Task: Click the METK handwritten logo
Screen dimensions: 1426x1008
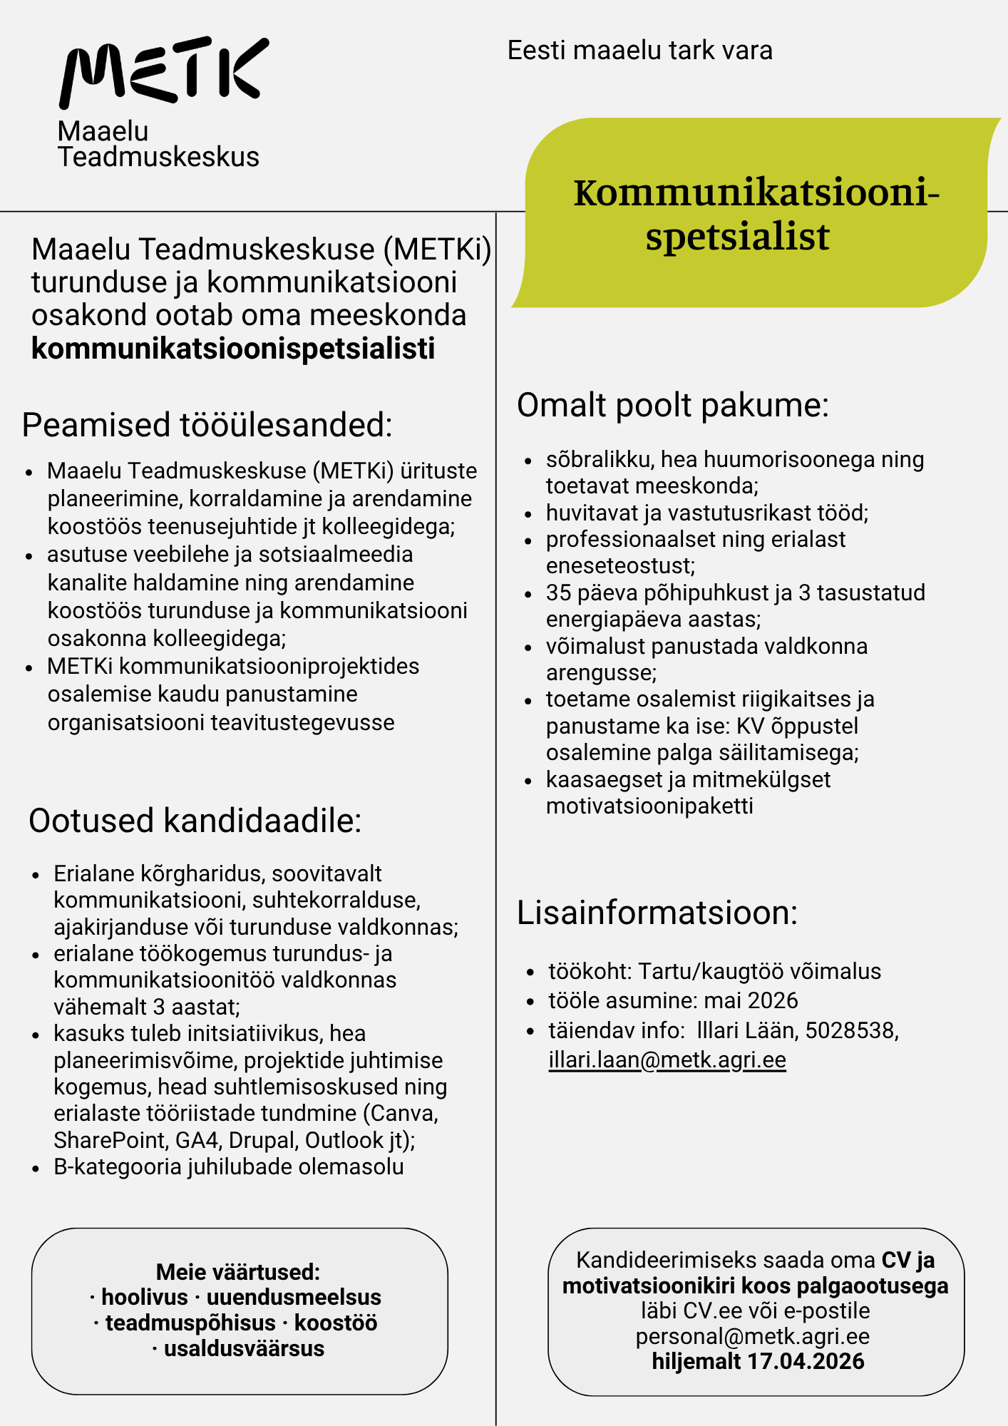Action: [164, 71]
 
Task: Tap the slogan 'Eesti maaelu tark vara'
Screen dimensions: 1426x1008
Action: [639, 51]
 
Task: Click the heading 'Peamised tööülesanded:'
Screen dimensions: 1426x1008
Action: [207, 425]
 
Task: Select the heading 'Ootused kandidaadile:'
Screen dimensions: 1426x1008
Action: [195, 821]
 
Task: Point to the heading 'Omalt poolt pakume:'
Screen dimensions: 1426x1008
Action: [672, 405]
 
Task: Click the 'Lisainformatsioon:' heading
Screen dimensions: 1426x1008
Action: [657, 913]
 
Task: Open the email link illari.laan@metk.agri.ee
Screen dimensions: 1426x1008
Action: [667, 1060]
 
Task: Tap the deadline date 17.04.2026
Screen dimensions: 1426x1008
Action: [806, 1361]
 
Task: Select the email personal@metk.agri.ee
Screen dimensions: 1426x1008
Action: [752, 1336]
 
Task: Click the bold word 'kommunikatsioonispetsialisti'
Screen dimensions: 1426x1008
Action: [233, 349]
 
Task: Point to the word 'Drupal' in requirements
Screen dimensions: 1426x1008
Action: [263, 1141]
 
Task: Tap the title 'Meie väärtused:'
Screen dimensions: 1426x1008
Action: [238, 1272]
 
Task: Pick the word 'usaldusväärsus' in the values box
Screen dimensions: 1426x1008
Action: [244, 1349]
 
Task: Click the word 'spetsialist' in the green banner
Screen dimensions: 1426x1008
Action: [737, 237]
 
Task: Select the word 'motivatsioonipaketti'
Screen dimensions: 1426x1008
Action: [649, 806]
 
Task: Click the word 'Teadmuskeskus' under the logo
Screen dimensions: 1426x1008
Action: [158, 157]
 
